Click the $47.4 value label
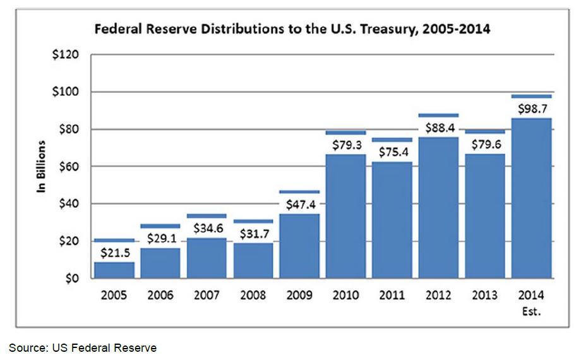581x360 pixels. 299,203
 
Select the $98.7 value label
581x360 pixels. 532,109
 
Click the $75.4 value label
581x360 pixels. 392,152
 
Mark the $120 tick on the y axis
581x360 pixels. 66,55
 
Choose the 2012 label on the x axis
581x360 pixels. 439,295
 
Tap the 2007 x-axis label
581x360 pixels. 207,295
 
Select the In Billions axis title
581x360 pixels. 42,166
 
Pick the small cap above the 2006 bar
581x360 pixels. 160,225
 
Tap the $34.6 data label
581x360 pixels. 207,227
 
